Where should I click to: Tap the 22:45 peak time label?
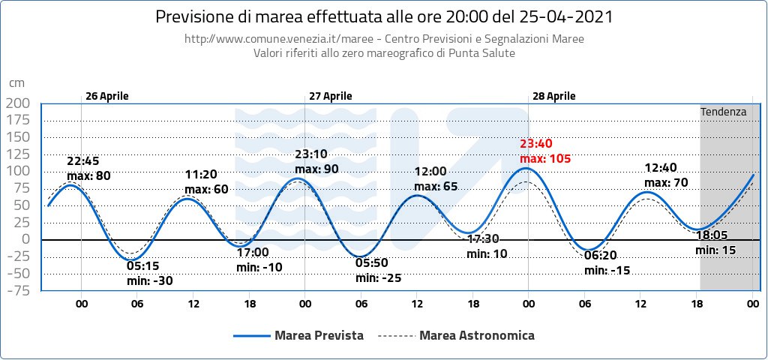tap(82, 160)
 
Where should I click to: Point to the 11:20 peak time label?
tap(200, 175)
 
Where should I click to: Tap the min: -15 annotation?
tap(607, 270)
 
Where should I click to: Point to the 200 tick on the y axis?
tap(19, 103)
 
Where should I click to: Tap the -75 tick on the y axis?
tap(17, 291)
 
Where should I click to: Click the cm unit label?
tap(16, 84)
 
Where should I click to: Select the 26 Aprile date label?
tap(106, 96)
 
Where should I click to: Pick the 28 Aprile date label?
tap(553, 96)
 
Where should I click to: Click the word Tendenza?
tap(723, 112)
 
